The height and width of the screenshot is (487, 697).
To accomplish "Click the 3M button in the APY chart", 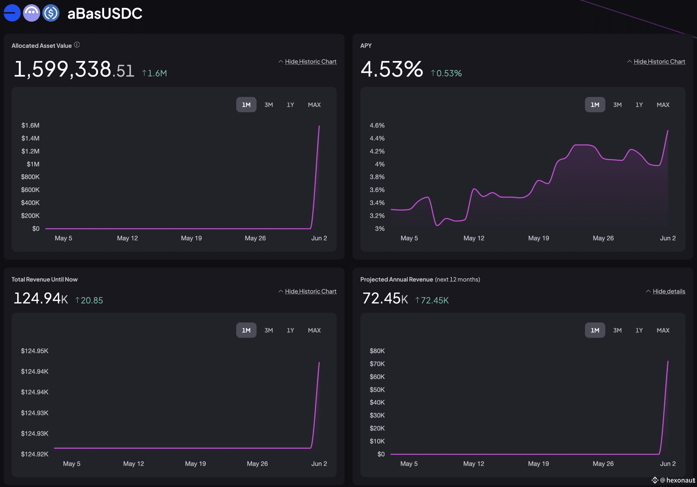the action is coord(617,105).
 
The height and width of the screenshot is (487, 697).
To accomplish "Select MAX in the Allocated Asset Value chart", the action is coord(314,105).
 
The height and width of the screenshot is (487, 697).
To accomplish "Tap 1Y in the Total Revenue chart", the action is coord(290,330).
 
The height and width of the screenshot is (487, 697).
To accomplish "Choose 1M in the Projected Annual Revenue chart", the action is coord(595,330).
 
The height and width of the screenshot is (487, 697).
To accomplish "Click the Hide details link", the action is coord(669,291).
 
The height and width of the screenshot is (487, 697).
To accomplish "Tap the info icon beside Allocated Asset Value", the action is coord(77,45).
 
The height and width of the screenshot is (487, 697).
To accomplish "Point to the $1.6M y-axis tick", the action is coord(30,125).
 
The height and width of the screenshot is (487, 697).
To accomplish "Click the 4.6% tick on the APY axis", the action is coord(377,125).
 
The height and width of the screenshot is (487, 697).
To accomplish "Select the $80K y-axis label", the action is coord(377,351).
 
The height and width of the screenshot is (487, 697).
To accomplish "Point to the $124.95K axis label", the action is coord(35,351).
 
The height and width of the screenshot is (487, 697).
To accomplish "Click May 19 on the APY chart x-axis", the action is coord(538,238).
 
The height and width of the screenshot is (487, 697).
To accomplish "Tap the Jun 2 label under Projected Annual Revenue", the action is coord(668,464).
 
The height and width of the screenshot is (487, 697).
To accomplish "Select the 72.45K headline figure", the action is coord(385,298).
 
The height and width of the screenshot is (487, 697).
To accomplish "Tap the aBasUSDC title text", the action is coord(105,13).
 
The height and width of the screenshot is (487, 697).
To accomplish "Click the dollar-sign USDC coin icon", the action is coord(51,13).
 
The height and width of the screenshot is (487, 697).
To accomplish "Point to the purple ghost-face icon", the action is coord(31,13).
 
